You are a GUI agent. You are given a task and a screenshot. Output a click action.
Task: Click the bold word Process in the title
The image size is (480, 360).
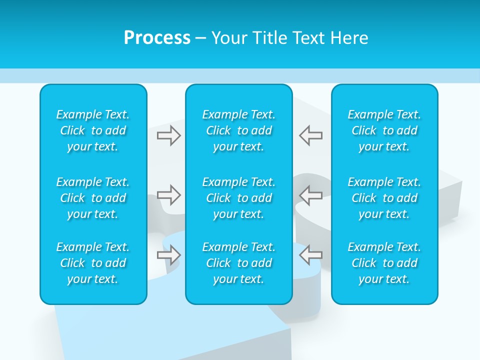click(157, 38)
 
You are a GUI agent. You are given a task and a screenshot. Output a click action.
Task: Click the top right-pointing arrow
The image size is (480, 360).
click(169, 135)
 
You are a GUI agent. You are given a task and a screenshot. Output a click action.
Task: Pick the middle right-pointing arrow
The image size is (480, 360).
click(169, 195)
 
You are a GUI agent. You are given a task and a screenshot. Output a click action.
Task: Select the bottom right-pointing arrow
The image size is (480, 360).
click(169, 255)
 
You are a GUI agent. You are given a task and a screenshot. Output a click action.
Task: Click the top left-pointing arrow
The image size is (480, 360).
click(310, 135)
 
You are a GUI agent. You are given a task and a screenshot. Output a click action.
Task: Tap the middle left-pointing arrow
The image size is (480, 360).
click(310, 195)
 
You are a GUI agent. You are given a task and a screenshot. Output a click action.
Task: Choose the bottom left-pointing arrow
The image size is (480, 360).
click(310, 255)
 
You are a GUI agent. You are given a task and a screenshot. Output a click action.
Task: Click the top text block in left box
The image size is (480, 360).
click(93, 130)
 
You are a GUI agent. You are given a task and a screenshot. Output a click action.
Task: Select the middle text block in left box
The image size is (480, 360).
click(93, 198)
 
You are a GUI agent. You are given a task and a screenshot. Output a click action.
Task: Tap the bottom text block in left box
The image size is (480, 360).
click(93, 263)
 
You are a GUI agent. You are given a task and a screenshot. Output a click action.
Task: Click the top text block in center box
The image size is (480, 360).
click(239, 130)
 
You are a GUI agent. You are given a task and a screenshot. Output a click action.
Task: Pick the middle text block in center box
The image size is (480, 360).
click(239, 198)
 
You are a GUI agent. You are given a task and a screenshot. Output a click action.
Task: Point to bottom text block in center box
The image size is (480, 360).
click(239, 263)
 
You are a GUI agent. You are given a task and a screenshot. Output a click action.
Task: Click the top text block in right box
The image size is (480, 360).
click(384, 130)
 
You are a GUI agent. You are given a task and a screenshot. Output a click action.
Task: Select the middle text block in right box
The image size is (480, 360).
click(384, 198)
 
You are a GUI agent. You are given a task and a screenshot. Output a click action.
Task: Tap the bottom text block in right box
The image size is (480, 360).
click(384, 263)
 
